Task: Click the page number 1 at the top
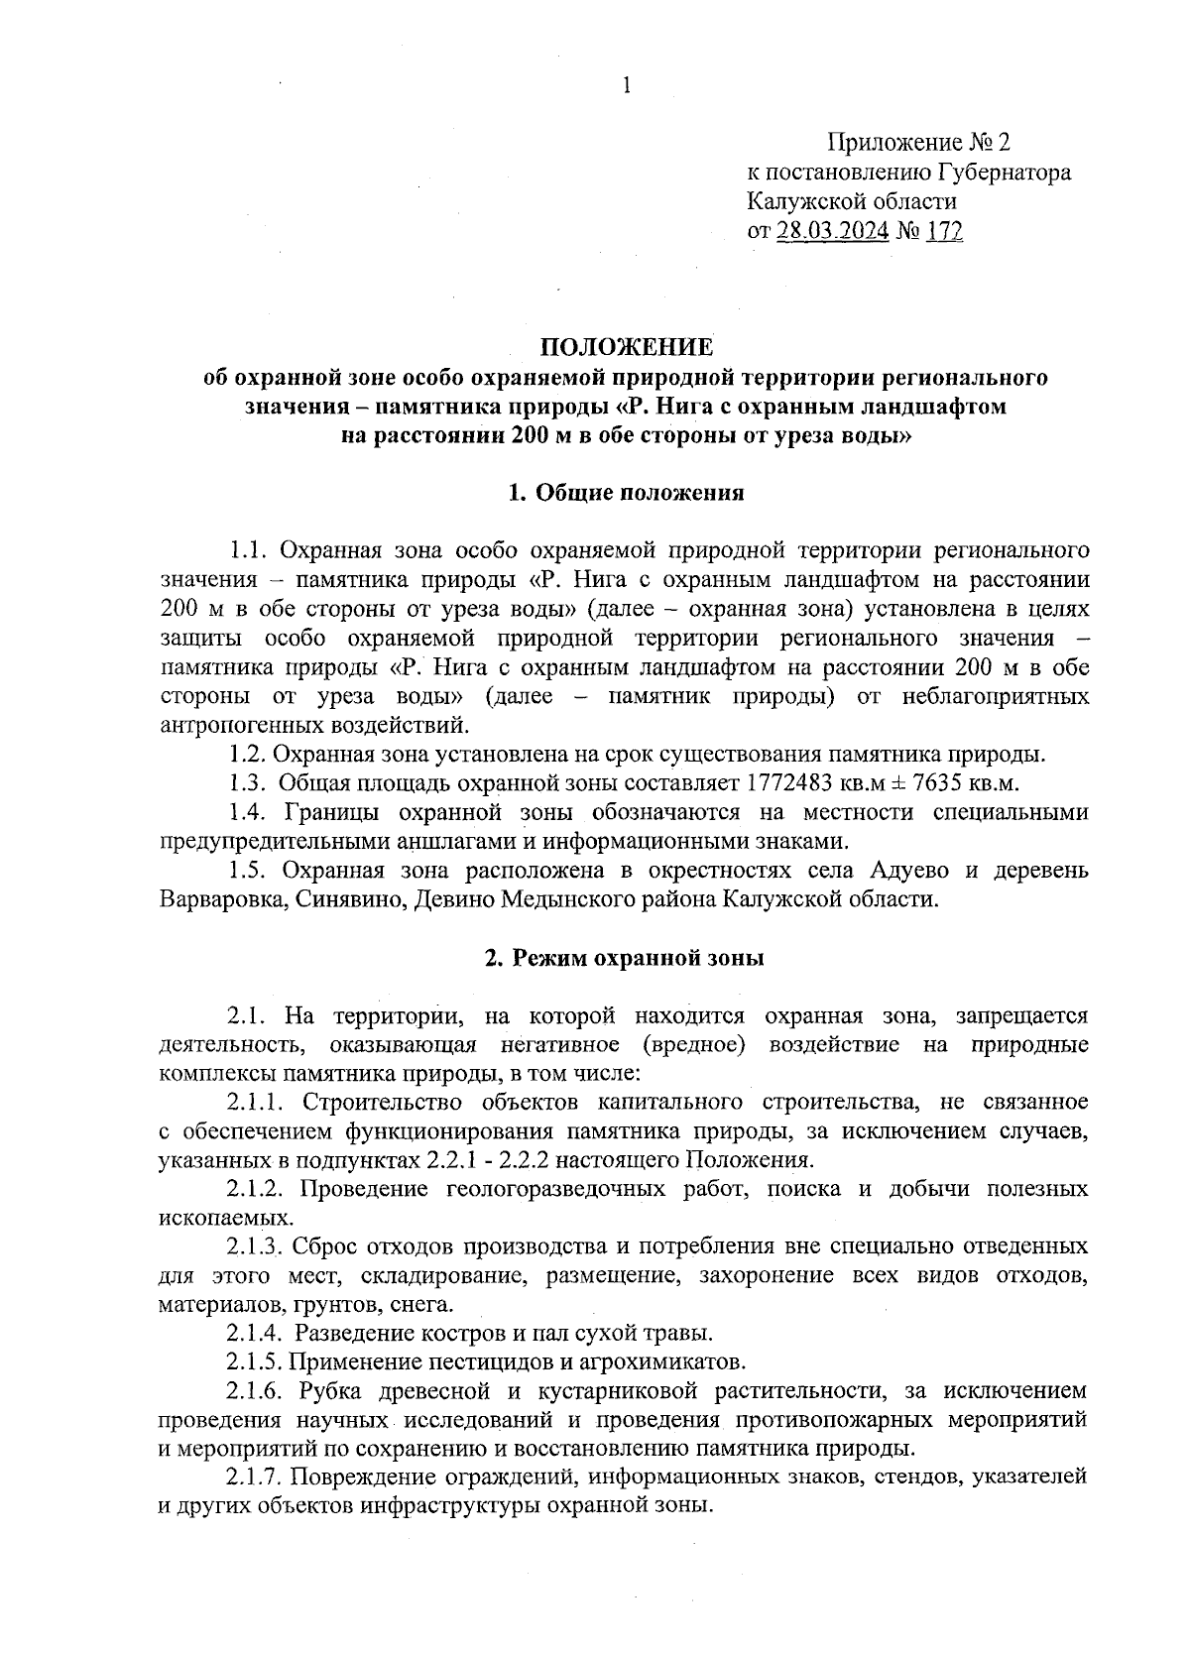[x=626, y=86]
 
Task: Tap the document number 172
[x=944, y=231]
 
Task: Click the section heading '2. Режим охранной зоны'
[x=625, y=958]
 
